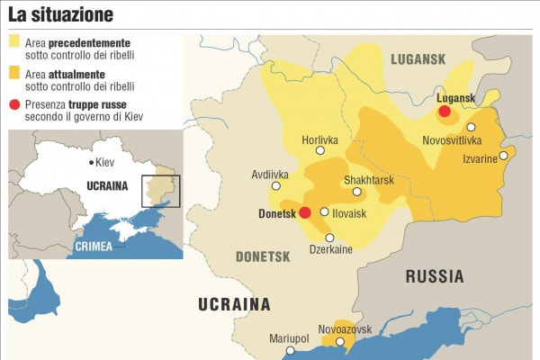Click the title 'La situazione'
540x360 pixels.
61,14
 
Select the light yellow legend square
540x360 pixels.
14,41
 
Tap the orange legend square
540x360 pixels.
14,73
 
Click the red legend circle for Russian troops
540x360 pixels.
14,104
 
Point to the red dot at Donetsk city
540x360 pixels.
304,212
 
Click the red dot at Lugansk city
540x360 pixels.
444,111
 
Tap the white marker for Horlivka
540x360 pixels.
326,154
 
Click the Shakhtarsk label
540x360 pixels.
369,180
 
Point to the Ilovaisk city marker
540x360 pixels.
324,212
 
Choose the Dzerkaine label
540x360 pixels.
330,249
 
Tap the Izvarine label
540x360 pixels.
479,158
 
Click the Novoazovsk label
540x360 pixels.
345,329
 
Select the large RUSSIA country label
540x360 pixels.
434,276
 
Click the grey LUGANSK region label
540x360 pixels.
418,58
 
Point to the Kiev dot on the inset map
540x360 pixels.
91,162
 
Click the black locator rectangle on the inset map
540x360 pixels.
161,191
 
